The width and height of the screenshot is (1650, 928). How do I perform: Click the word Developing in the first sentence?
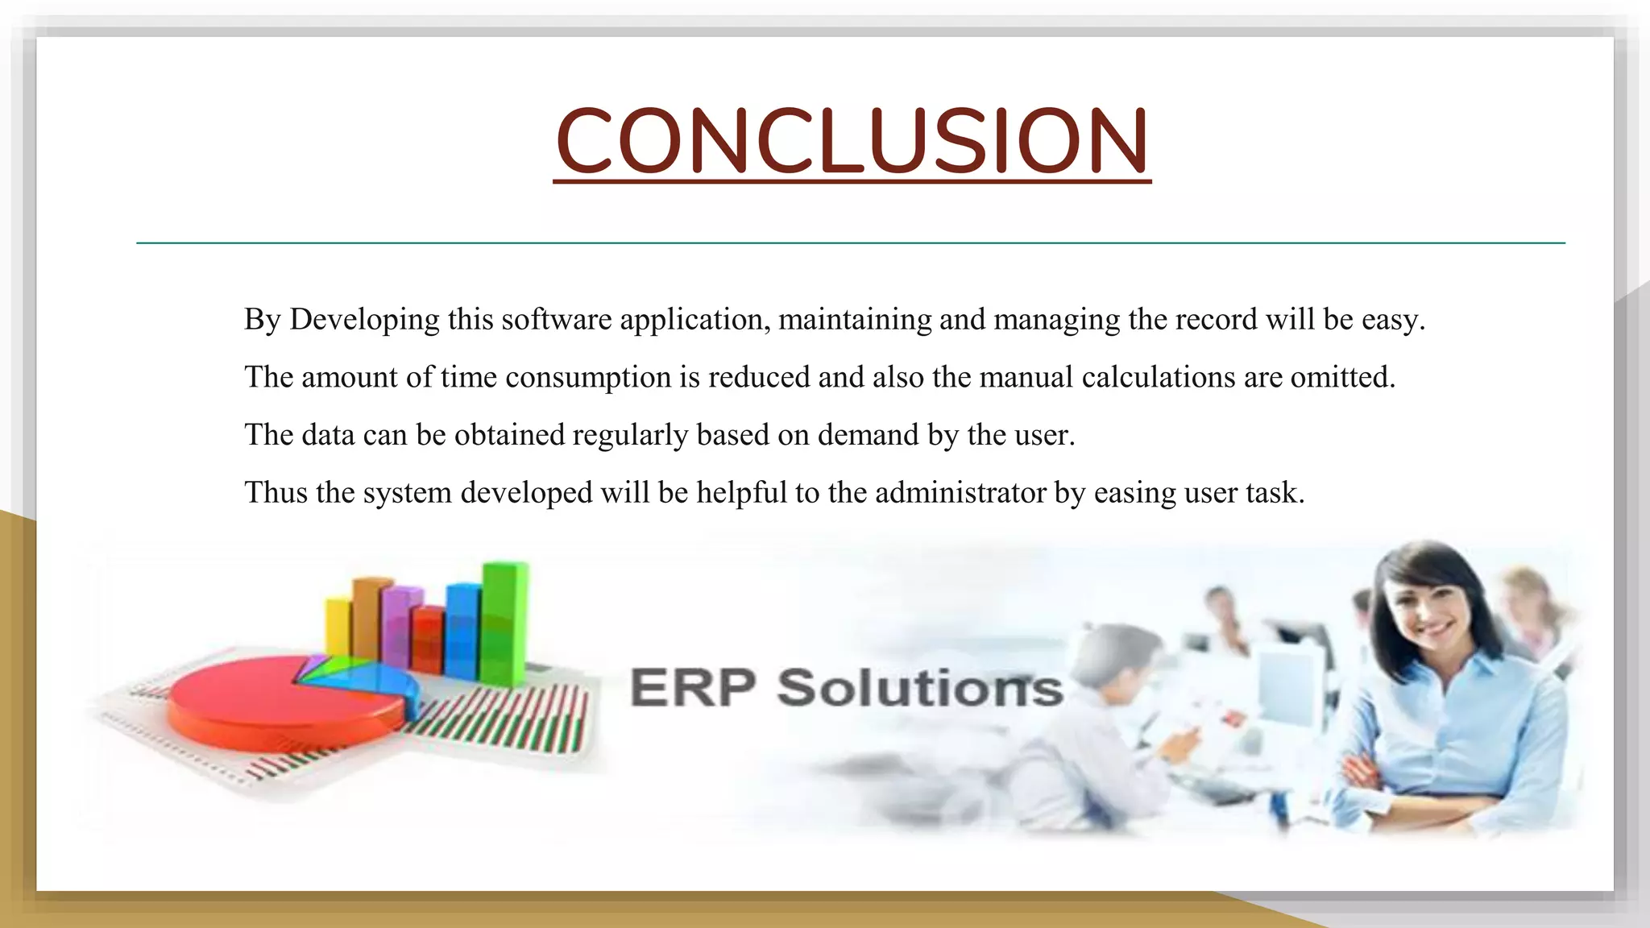pos(365,320)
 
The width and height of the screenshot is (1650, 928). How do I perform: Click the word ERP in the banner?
pos(692,688)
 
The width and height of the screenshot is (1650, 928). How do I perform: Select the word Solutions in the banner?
pos(919,688)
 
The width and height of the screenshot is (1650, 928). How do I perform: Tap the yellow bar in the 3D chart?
pos(338,628)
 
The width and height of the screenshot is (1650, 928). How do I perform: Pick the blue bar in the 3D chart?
pos(462,632)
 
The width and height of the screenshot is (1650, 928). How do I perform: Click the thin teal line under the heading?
pos(850,242)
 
